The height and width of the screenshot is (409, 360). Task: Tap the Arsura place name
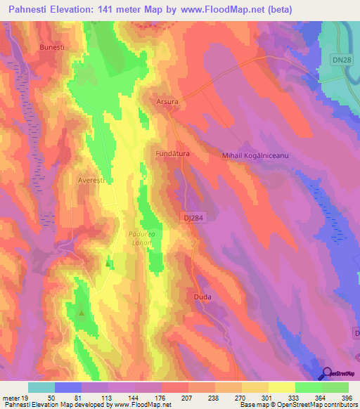(x=169, y=101)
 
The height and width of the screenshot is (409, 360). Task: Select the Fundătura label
(x=172, y=152)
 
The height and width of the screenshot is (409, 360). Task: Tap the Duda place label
(x=202, y=297)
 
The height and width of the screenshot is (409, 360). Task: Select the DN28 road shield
(x=341, y=60)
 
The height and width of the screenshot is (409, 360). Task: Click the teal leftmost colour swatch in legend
(x=41, y=387)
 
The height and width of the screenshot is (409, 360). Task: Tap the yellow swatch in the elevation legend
(x=281, y=387)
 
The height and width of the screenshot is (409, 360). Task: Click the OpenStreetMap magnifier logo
(x=327, y=374)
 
